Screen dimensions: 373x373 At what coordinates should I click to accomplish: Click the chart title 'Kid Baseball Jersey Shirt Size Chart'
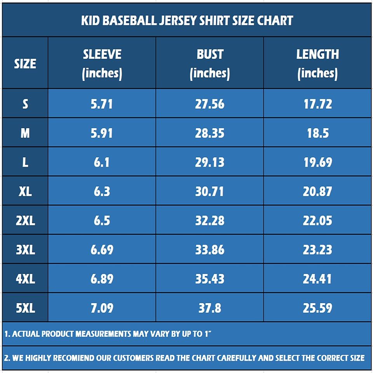point(187,20)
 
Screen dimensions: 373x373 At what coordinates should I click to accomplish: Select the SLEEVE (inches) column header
point(102,63)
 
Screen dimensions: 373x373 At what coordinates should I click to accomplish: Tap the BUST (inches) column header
point(210,63)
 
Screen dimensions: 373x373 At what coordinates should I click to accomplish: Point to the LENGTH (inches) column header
point(317,63)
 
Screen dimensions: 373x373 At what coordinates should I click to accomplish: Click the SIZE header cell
point(25,63)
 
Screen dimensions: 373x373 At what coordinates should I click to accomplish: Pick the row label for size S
point(25,104)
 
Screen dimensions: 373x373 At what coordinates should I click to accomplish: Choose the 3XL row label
point(25,250)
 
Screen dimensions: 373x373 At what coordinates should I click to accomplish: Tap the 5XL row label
point(25,308)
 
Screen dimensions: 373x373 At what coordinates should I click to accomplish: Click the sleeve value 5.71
point(102,104)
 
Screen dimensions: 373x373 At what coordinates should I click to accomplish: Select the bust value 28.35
point(210,133)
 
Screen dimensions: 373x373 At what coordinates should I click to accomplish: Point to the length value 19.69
point(317,162)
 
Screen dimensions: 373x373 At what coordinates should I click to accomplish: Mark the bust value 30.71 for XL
point(210,192)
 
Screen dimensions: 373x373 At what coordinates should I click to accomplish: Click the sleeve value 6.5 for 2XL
point(102,221)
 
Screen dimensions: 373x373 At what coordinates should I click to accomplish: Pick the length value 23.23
point(317,250)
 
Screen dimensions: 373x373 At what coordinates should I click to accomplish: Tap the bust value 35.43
point(210,279)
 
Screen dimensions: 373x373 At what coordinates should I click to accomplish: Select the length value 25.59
point(317,308)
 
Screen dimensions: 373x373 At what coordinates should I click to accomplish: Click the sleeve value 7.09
point(102,308)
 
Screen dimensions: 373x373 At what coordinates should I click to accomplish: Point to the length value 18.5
point(317,133)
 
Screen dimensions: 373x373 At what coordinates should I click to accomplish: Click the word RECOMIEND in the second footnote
point(74,358)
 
